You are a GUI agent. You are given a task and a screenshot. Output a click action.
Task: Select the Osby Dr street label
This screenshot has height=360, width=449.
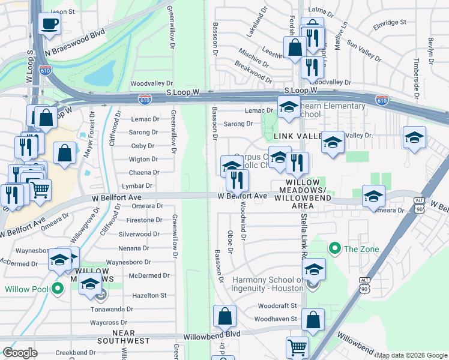pyautogui.click(x=143, y=146)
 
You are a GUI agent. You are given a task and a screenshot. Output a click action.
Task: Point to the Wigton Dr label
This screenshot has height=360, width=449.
pyautogui.click(x=144, y=160)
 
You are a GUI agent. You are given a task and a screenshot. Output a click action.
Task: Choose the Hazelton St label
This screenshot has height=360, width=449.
pyautogui.click(x=149, y=296)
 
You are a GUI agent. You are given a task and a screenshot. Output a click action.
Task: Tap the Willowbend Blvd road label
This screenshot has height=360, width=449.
pyautogui.click(x=212, y=334)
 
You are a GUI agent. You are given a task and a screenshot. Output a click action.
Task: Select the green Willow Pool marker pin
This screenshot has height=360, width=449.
pyautogui.click(x=58, y=289)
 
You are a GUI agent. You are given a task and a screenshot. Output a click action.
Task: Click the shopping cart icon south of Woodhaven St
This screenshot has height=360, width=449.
pyautogui.click(x=298, y=347)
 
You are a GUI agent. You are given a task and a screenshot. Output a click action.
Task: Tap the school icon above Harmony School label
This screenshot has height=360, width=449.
pyautogui.click(x=313, y=270)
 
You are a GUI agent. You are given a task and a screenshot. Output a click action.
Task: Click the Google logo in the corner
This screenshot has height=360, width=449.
pyautogui.click(x=20, y=352)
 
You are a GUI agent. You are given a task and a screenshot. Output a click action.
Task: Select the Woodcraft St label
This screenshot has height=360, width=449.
pyautogui.click(x=277, y=305)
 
